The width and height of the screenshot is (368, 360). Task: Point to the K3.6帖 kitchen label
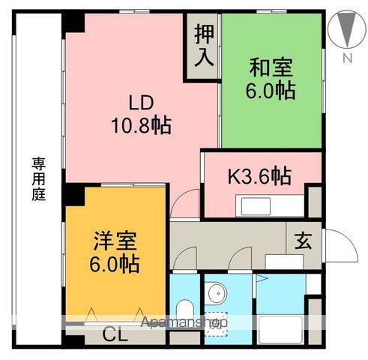[x=259, y=177]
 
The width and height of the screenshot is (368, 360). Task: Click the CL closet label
[x=115, y=334]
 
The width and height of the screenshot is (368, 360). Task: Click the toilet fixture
[x=184, y=311]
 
